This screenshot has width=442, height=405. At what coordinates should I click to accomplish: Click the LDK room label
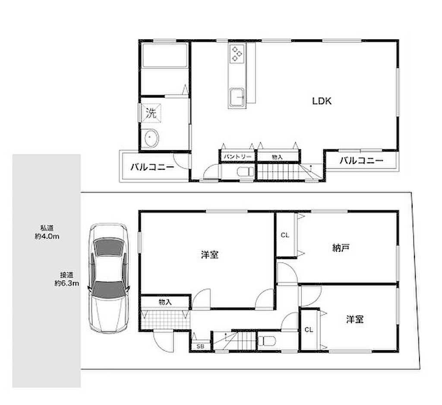[322, 101]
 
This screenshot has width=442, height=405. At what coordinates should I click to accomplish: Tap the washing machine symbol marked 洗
[151, 113]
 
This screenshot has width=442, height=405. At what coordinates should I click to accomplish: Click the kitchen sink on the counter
[237, 97]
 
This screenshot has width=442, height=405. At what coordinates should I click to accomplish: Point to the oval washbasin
[152, 138]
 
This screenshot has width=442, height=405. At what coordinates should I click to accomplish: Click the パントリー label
[237, 157]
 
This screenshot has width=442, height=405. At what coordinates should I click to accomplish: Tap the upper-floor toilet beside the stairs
[246, 172]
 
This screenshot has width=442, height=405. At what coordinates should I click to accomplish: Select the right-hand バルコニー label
[361, 161]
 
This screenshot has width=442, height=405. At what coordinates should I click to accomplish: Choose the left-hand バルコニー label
[152, 167]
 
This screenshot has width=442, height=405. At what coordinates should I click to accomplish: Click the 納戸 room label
[341, 248]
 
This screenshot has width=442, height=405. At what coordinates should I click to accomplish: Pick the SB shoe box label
[200, 346]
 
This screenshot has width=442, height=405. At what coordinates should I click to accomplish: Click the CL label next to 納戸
[285, 235]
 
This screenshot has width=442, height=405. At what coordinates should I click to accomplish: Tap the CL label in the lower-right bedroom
[309, 329]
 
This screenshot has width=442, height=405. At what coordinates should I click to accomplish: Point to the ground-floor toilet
[266, 341]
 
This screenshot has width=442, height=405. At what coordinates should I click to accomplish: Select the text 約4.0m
[47, 237]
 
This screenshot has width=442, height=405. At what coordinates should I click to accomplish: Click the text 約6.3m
[67, 283]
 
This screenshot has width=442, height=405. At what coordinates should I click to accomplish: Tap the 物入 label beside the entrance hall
[165, 302]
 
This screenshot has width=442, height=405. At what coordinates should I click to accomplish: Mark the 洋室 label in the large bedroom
[210, 255]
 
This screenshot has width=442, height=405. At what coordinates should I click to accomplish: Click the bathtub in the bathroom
[165, 55]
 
